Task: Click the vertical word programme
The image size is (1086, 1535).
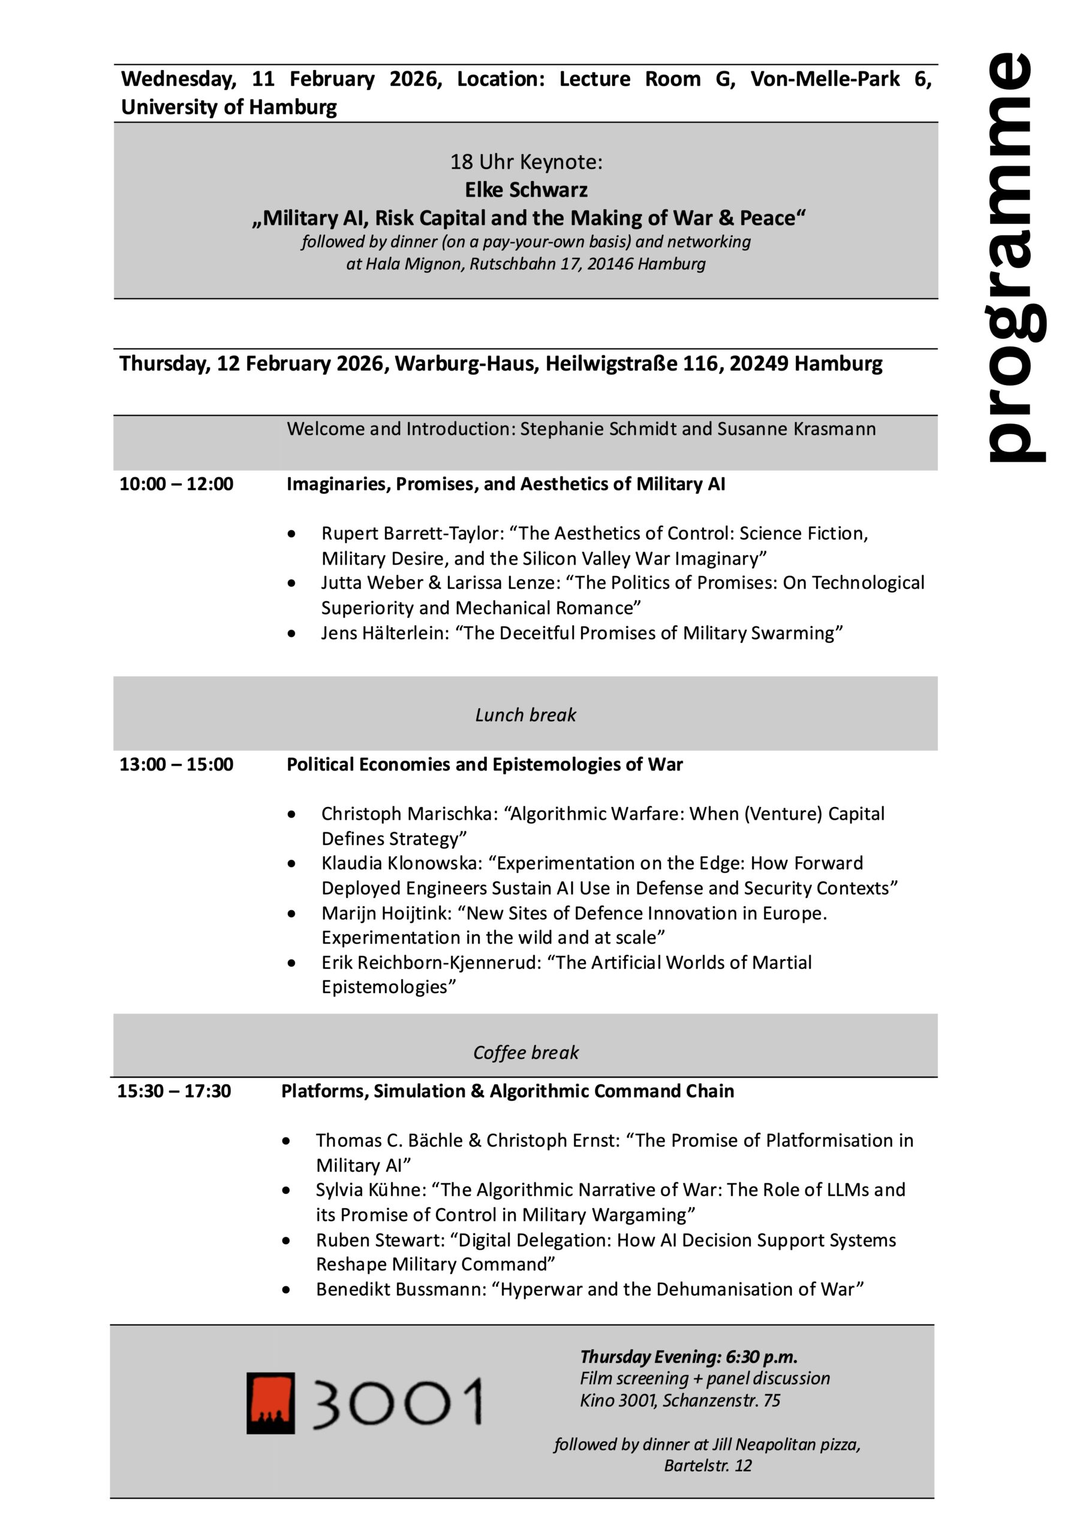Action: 1015,257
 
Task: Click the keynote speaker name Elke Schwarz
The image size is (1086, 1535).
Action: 527,191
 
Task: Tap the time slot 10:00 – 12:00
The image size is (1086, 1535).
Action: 176,484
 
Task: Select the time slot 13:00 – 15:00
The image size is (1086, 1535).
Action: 176,764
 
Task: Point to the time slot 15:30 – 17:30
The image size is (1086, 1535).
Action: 175,1091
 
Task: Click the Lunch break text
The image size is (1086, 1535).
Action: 526,715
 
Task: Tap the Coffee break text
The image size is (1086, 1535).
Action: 526,1053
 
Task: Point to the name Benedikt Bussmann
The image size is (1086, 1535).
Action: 401,1290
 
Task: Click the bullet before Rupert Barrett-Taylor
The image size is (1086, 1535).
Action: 291,534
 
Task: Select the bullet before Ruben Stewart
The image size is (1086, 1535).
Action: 286,1241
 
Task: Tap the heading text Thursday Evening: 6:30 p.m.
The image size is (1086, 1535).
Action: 689,1357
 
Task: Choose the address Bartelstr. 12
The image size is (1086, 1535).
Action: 708,1465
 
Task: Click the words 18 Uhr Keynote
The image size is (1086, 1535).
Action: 527,162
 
